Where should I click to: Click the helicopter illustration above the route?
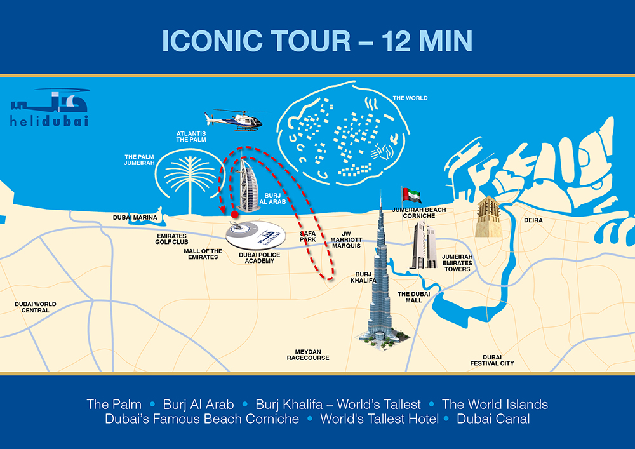click(x=234, y=119)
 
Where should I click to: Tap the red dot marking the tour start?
click(x=235, y=215)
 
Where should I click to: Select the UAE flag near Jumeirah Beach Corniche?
click(x=408, y=194)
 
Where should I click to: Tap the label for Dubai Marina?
click(x=135, y=218)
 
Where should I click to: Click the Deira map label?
click(x=533, y=220)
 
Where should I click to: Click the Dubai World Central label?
click(x=36, y=307)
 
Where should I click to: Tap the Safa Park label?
click(x=308, y=236)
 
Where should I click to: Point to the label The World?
click(x=410, y=98)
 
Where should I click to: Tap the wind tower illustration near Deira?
click(x=490, y=217)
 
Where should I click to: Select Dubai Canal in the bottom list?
click(x=493, y=419)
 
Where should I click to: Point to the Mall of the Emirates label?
click(x=203, y=254)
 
